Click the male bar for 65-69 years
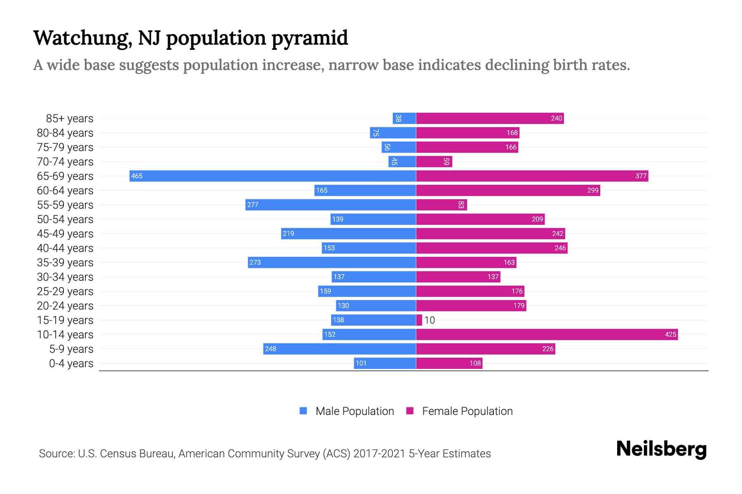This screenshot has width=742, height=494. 272,176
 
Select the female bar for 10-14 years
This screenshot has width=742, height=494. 547,334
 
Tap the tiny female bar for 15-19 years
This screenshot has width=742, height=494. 419,320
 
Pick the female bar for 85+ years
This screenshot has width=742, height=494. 490,118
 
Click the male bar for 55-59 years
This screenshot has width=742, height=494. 331,205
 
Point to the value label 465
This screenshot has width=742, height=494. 137,176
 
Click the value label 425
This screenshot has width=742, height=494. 670,334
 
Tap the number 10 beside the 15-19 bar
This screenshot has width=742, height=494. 430,320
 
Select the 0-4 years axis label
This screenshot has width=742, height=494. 71,363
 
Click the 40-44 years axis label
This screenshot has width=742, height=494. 65,248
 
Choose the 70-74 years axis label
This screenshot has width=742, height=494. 65,161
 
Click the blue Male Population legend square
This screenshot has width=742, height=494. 303,411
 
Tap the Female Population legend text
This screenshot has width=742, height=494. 467,411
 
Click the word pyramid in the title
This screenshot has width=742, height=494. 310,38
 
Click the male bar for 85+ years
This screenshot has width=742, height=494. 404,118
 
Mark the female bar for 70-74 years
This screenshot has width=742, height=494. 434,161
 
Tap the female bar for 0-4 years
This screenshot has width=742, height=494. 449,363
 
